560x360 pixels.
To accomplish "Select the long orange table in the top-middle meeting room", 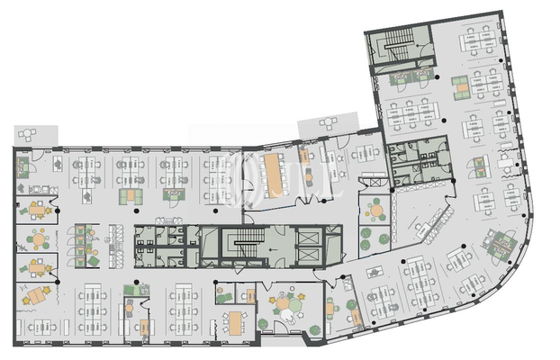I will pos(272,166).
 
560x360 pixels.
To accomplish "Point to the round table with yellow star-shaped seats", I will pos(288,305).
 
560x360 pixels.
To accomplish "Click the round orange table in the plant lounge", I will pos(376,211).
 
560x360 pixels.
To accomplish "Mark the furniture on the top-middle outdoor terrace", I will pos(328,127).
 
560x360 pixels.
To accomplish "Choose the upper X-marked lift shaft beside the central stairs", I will pos(309,237).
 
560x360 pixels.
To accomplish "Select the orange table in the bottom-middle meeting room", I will pos(236,319).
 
